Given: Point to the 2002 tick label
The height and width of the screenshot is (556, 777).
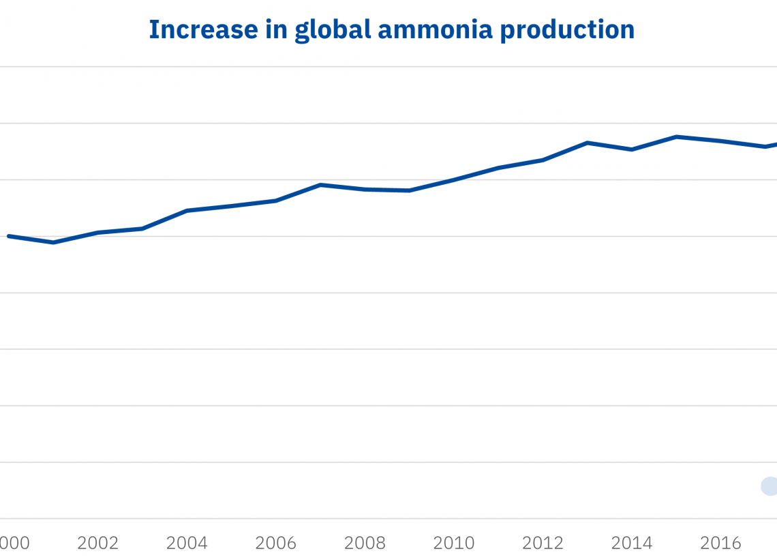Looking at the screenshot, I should tap(97, 544).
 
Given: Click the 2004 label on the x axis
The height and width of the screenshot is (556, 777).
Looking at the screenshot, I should tap(187, 544).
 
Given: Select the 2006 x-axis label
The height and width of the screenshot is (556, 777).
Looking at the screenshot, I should tap(275, 544).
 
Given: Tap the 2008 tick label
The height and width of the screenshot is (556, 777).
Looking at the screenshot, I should tap(365, 544).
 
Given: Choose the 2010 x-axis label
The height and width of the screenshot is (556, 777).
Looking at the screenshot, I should tap(454, 544).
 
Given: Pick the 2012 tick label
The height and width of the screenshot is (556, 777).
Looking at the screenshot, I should tap(543, 544).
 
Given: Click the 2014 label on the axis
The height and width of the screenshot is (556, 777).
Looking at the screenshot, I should tap(632, 544).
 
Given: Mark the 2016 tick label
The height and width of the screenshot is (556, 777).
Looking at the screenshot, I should tap(720, 544).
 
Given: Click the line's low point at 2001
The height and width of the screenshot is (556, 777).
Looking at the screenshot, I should tap(53, 242).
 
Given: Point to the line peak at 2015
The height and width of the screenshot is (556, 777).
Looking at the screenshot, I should tap(676, 136).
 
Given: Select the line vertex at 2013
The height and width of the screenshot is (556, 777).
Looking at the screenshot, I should tap(588, 143).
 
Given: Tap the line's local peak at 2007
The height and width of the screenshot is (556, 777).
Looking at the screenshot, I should tap(320, 185).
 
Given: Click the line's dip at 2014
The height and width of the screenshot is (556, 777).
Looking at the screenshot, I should tap(632, 149).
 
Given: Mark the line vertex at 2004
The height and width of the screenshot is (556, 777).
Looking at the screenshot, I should tap(187, 211).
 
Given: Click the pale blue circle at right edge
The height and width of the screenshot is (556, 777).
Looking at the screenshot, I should tap(770, 486).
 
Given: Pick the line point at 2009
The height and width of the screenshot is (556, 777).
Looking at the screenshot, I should tap(409, 190).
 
